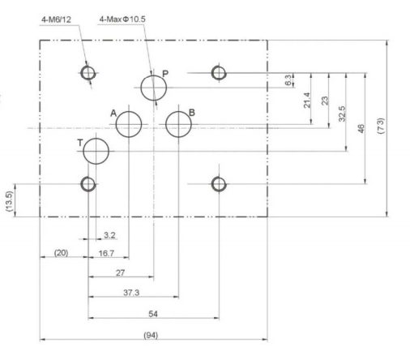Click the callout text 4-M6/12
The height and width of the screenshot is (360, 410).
56,19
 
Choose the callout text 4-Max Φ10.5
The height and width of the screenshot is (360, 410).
122,19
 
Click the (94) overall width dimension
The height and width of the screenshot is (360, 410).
151,335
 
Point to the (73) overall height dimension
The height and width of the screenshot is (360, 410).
380,126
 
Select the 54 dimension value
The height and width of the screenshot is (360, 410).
153,314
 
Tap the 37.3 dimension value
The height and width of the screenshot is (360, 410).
131,293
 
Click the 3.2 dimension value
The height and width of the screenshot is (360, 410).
109,235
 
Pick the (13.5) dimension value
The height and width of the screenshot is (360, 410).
9,201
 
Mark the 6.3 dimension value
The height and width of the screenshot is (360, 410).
288,80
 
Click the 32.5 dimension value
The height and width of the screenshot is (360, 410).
342,114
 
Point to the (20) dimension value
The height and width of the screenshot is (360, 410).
61,253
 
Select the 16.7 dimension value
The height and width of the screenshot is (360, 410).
106,253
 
